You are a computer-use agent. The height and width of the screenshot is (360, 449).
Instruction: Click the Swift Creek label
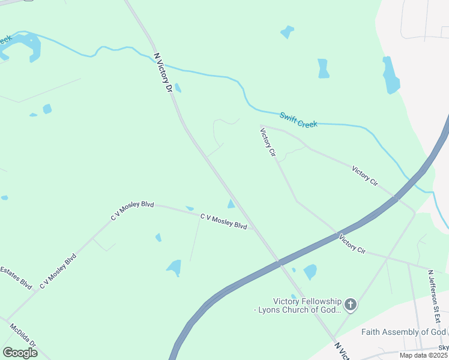pos(298,119)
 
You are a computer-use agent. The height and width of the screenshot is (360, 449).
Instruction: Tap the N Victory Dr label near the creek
pos(163,72)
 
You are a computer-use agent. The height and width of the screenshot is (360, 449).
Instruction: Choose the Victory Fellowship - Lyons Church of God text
pos(298,305)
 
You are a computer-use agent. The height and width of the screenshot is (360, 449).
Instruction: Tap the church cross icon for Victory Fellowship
pos(351,305)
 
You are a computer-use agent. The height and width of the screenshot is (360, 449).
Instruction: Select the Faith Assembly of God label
pos(403,332)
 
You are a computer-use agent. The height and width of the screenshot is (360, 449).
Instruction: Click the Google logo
pos(19,353)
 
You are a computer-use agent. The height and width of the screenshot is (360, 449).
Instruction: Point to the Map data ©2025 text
pos(423,356)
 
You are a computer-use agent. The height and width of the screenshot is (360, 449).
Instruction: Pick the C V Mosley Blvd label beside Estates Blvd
pos(58,272)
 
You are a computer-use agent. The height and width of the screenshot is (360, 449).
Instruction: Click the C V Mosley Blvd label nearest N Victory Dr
pos(224,221)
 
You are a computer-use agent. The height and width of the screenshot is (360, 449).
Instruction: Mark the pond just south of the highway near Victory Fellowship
pos(310,272)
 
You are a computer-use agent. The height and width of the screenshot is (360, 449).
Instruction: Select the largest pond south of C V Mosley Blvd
pos(174,268)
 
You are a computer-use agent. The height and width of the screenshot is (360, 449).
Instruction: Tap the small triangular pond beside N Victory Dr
pos(231,204)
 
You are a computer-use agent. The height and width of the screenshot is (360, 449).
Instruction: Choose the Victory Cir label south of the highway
pos(352,244)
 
